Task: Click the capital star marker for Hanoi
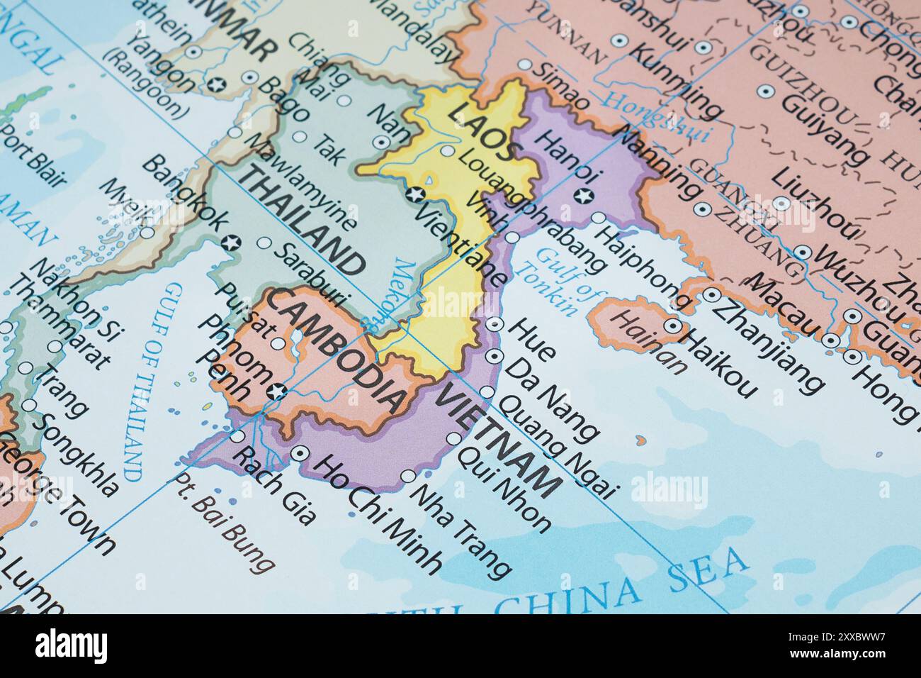coord(584,196)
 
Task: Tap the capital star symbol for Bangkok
coord(230,243)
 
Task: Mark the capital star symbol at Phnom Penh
coord(278,389)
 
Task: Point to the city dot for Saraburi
coord(264,243)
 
